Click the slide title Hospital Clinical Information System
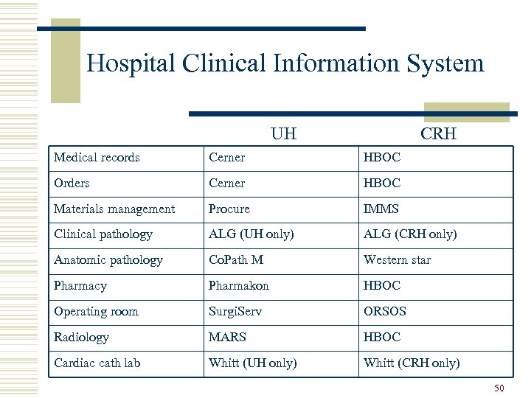[x=285, y=63]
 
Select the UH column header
[x=283, y=134]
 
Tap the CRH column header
[x=438, y=134]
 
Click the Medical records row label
[x=97, y=157]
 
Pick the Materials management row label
[x=114, y=209]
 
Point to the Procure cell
[x=229, y=209]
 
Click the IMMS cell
[x=381, y=209]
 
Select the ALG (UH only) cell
[x=251, y=234]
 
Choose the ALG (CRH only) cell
[x=410, y=234]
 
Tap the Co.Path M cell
[x=236, y=260]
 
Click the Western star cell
[x=397, y=260]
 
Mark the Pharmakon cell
[x=239, y=285]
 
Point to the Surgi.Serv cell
[x=235, y=311]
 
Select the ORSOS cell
[x=385, y=311]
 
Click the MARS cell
[x=227, y=337]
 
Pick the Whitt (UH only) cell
[x=253, y=363]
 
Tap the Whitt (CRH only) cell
[x=412, y=363]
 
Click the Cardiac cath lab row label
[x=97, y=363]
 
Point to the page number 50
[x=499, y=388]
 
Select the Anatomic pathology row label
[x=108, y=260]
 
